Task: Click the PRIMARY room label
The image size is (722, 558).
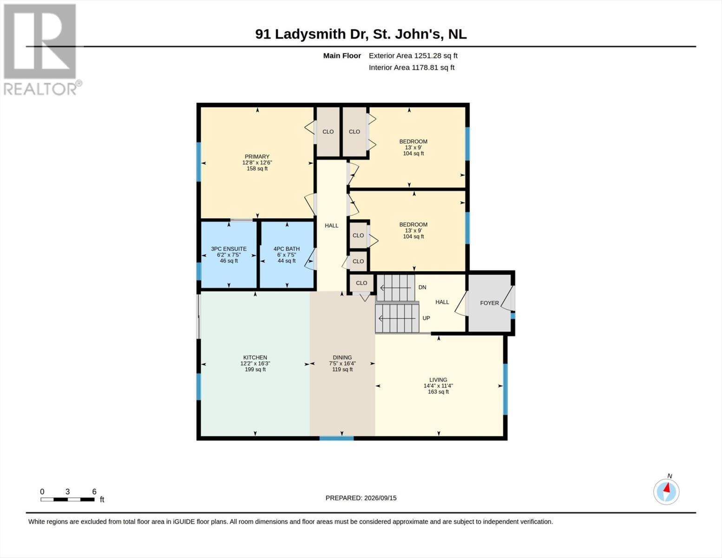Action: coord(257,157)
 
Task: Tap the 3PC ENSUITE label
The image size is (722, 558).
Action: coord(229,249)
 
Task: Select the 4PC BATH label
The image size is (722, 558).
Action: coord(286,249)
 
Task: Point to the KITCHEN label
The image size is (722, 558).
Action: coord(255,358)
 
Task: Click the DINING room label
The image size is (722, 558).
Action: coord(342,358)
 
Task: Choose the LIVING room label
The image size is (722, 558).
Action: coord(438,380)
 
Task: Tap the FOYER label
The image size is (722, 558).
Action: coord(489,303)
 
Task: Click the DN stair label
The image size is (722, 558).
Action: coord(422,287)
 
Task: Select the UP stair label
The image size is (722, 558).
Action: coord(427,318)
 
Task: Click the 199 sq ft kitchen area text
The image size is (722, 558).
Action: coord(255,370)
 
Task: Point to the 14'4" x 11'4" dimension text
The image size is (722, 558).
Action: coord(438,386)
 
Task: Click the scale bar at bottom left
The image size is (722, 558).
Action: coord(67,499)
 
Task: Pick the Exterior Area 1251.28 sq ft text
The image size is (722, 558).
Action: coord(413,55)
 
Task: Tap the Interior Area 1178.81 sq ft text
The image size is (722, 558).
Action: coord(411,67)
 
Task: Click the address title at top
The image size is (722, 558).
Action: coord(361,34)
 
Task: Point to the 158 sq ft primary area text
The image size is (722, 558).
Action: coord(257,169)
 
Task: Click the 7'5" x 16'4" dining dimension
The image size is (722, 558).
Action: coord(342,364)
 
